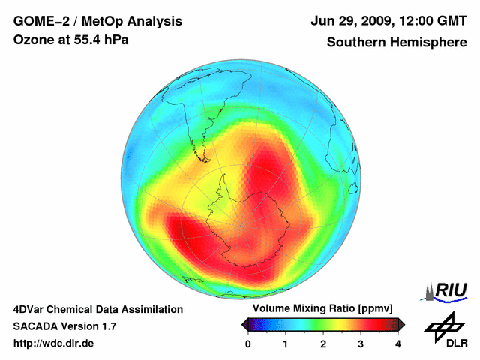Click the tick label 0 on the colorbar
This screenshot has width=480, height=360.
(x=248, y=343)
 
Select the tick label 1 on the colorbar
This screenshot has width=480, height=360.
(x=286, y=343)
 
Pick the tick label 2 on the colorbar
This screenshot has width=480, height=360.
(x=323, y=343)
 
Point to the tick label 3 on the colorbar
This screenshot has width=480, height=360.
(x=361, y=343)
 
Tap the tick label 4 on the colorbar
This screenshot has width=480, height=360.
(x=398, y=343)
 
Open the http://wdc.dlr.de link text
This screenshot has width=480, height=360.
(x=54, y=343)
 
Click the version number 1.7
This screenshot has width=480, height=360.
(x=107, y=326)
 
